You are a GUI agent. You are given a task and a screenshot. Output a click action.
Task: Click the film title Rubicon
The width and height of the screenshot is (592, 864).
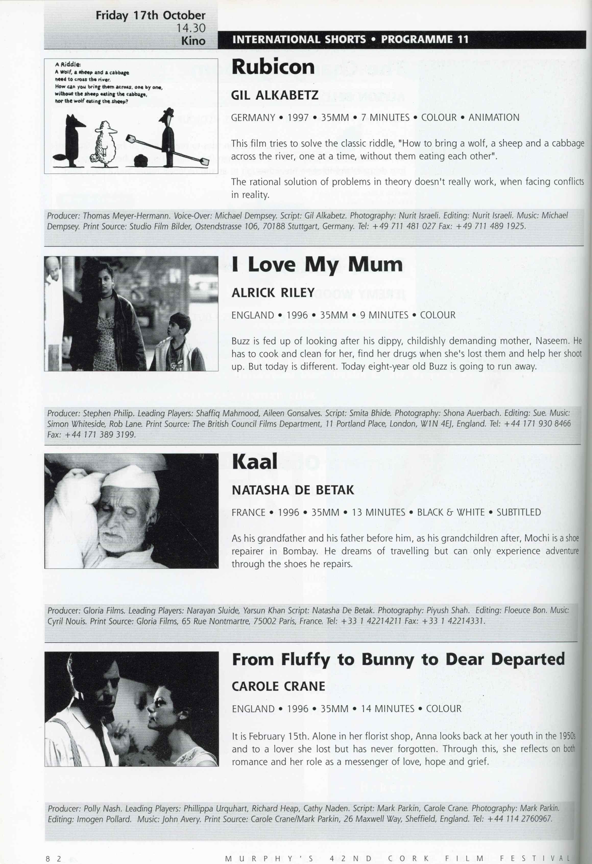pyautogui.click(x=273, y=67)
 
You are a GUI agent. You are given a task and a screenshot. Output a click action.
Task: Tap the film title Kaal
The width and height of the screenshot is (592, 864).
pyautogui.click(x=255, y=462)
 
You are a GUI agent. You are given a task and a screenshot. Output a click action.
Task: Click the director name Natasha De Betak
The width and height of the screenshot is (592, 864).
pyautogui.click(x=293, y=490)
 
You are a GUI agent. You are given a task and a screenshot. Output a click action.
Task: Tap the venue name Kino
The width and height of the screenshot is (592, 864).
pyautogui.click(x=193, y=41)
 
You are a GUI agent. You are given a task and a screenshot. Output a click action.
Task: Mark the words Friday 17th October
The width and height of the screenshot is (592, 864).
pyautogui.click(x=150, y=15)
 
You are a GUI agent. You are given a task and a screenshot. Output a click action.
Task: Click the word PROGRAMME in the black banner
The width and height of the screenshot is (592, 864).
pyautogui.click(x=417, y=39)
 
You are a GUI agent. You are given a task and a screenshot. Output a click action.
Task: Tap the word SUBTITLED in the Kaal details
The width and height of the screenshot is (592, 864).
pyautogui.click(x=518, y=512)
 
